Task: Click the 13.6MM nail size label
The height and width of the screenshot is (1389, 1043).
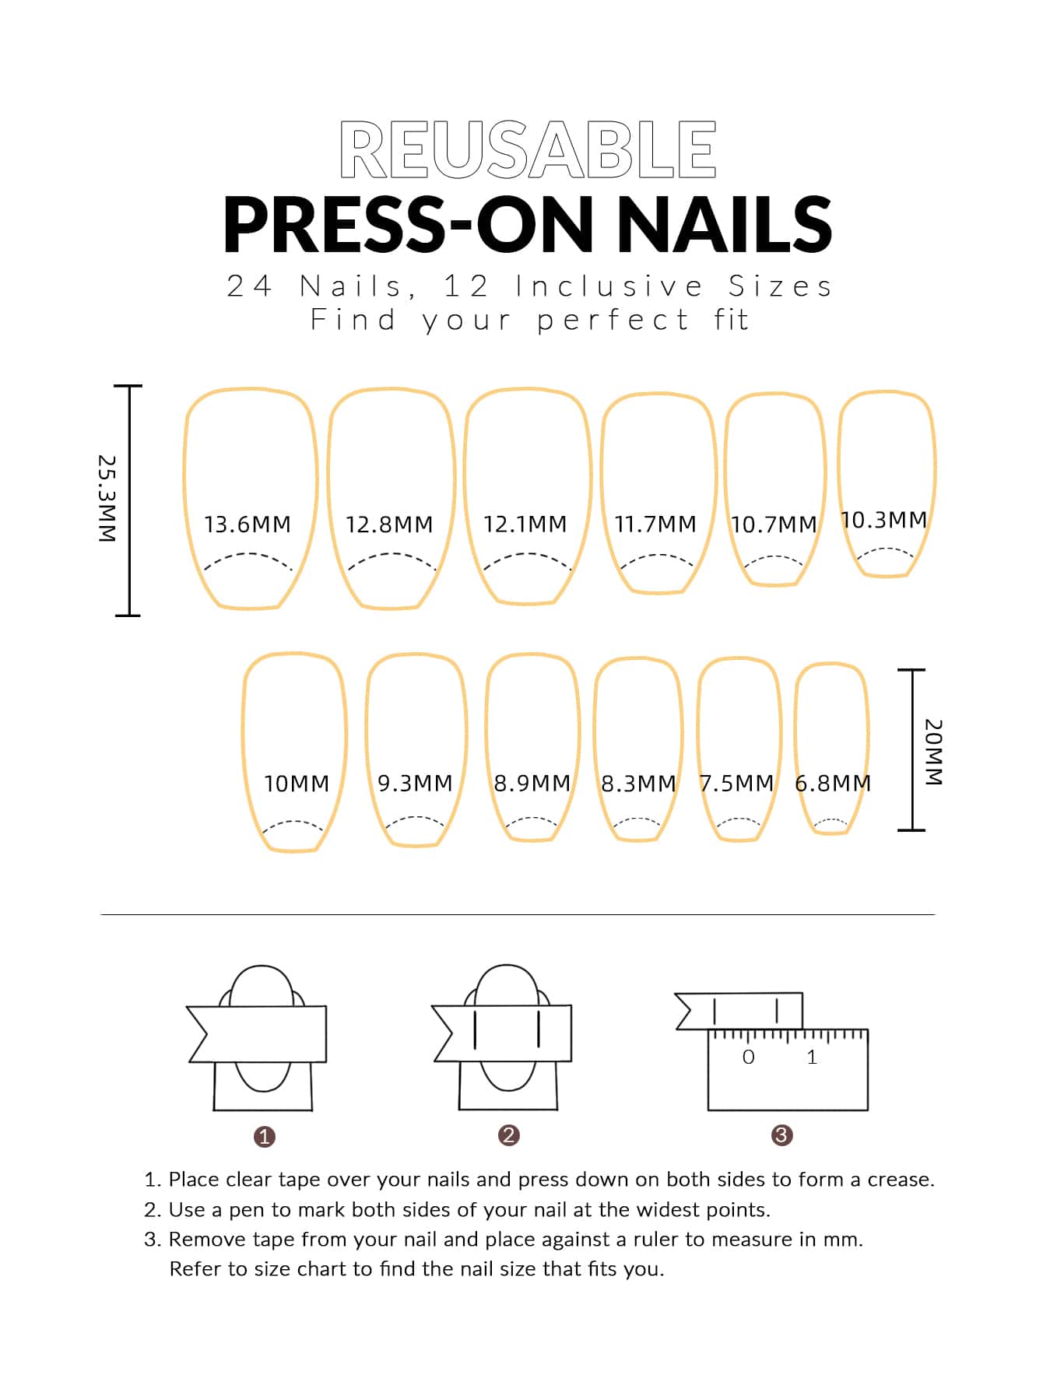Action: pyautogui.click(x=248, y=524)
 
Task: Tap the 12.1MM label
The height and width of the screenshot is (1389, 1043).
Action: pyautogui.click(x=525, y=524)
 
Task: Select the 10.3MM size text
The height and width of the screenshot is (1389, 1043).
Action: pyautogui.click(x=884, y=520)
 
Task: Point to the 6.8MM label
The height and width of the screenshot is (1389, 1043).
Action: pyautogui.click(x=833, y=783)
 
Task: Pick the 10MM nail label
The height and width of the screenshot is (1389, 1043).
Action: pyautogui.click(x=297, y=784)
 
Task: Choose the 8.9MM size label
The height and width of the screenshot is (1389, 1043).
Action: pyautogui.click(x=532, y=783)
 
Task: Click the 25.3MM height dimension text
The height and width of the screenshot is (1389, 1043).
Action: pyautogui.click(x=107, y=499)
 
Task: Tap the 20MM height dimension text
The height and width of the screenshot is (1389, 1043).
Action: pyautogui.click(x=933, y=752)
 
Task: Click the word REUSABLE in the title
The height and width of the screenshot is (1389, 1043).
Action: pyautogui.click(x=528, y=149)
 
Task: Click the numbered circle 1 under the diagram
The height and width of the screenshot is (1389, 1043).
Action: pyautogui.click(x=265, y=1137)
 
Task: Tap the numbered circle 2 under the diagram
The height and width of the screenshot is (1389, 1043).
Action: pyautogui.click(x=508, y=1135)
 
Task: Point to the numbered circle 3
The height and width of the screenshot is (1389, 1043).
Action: pyautogui.click(x=781, y=1135)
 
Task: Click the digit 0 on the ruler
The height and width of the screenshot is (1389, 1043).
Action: pyautogui.click(x=749, y=1057)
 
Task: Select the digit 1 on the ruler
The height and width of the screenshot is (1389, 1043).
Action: pyautogui.click(x=812, y=1057)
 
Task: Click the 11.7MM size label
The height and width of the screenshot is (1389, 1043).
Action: pyautogui.click(x=655, y=524)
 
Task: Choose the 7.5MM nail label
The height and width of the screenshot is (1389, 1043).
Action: pyautogui.click(x=736, y=783)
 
